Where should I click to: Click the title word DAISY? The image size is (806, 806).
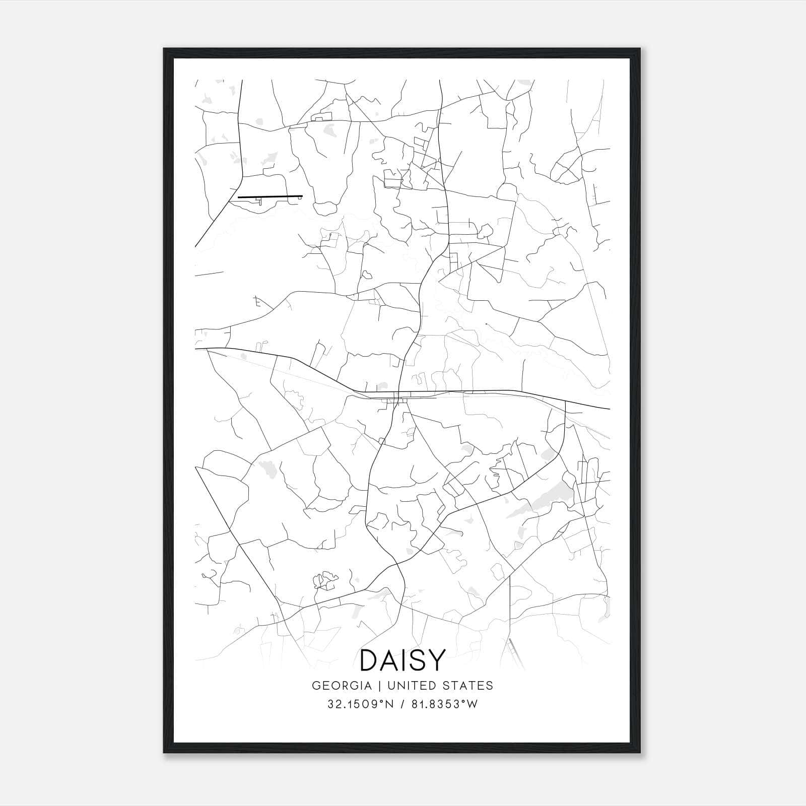tap(403, 660)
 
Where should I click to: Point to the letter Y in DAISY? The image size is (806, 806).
tap(437, 660)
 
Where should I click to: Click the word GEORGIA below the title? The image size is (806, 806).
tap(342, 686)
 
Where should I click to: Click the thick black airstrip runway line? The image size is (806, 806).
tap(270, 196)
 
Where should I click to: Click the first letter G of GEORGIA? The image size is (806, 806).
tap(316, 686)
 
